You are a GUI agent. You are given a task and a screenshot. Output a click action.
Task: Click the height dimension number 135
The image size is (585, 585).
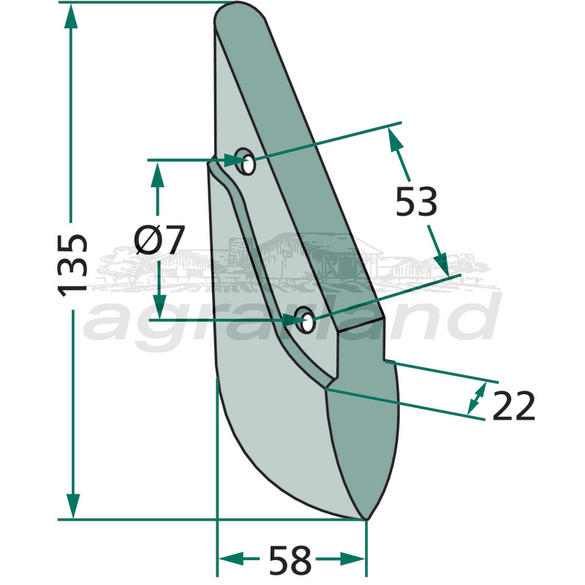[73, 264]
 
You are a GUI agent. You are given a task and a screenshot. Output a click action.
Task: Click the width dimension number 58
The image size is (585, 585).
[290, 562]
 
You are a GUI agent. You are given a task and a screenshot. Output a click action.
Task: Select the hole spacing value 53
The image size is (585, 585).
[416, 203]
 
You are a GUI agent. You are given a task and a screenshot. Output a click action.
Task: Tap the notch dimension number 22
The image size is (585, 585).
[513, 407]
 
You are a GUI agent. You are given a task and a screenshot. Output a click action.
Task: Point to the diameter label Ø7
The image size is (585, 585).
[160, 240]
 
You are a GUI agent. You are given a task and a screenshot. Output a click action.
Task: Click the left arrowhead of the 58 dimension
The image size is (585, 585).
[229, 559]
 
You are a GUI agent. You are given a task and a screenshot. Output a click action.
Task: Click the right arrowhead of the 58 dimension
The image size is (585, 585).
[355, 559]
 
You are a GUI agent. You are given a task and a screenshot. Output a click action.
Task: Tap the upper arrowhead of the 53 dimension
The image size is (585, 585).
[396, 139]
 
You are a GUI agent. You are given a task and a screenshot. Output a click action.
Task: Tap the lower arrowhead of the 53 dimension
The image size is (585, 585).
[440, 262]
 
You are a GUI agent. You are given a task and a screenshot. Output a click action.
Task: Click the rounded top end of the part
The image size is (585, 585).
[238, 12]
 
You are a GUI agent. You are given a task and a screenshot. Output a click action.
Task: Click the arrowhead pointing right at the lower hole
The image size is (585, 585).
[290, 320]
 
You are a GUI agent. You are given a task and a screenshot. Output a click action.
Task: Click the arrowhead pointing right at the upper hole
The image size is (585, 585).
[231, 159]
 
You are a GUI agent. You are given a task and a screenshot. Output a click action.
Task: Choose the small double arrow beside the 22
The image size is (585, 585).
[477, 396]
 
